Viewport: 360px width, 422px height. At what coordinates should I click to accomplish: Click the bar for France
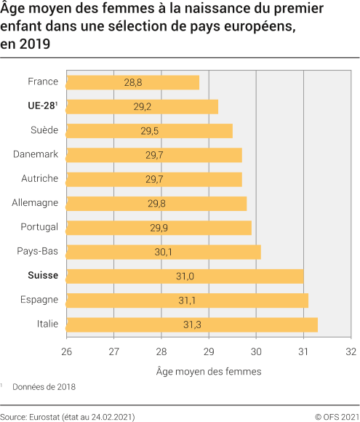point(132,82)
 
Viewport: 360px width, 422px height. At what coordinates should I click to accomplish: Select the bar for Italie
point(192,324)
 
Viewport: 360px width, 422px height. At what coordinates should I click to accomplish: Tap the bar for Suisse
point(185,276)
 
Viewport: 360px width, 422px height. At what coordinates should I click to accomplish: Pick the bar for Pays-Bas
point(164,252)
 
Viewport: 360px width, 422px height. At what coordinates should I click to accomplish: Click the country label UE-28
point(42,106)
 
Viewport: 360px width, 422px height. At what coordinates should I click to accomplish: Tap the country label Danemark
point(36,154)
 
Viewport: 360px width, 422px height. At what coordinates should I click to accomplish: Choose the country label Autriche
point(39,179)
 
